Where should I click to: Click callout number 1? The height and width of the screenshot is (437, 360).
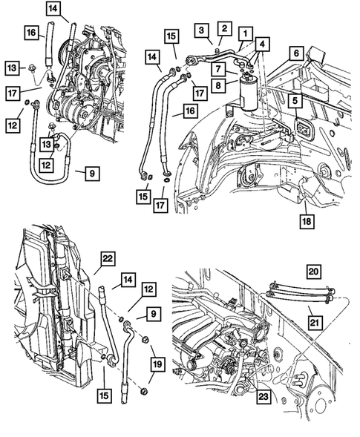point(243,33)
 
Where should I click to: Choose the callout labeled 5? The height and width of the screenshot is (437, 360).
point(295,99)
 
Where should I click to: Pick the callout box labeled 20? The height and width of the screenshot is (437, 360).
point(312,272)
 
